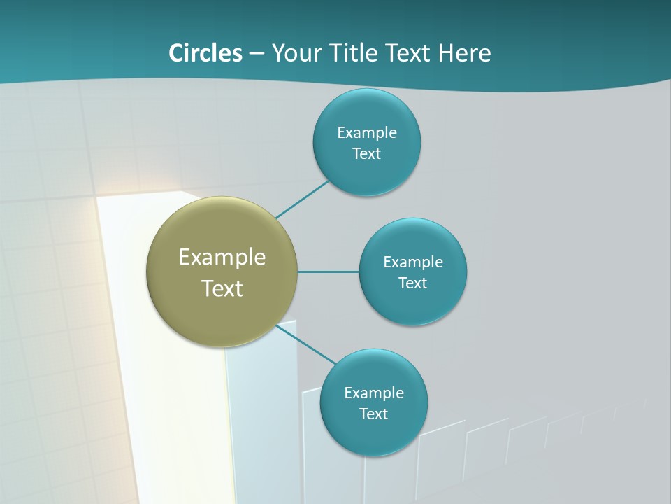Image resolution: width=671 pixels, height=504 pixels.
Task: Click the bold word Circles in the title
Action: pyautogui.click(x=205, y=53)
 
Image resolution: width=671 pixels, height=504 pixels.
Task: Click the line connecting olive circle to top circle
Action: pyautogui.click(x=302, y=199)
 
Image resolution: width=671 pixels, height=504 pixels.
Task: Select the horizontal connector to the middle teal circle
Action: pyautogui.click(x=329, y=272)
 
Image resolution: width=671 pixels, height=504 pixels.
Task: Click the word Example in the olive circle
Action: pyautogui.click(x=222, y=258)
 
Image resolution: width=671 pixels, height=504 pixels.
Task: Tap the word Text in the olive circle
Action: pyautogui.click(x=222, y=288)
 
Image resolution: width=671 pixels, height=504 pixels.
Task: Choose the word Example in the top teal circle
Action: pyautogui.click(x=367, y=133)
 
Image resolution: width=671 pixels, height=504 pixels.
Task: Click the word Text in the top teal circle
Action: pyautogui.click(x=367, y=154)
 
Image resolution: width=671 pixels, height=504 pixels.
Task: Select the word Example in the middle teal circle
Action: pyautogui.click(x=413, y=262)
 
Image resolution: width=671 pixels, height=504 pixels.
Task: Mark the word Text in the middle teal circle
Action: pyautogui.click(x=413, y=283)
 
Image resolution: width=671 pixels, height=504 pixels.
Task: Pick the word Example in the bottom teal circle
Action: pyautogui.click(x=374, y=393)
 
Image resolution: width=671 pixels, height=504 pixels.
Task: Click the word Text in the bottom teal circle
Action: pyautogui.click(x=374, y=414)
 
